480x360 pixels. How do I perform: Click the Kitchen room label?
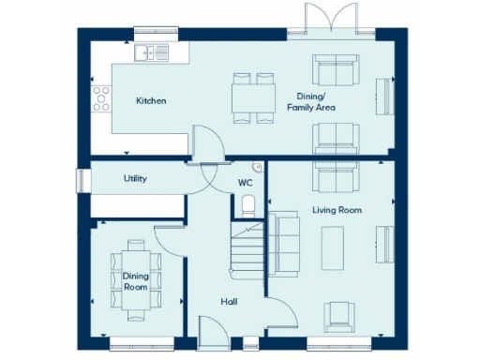[x=151, y=100]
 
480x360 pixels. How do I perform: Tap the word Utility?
[x=136, y=178]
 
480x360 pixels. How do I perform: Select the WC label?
[x=245, y=183]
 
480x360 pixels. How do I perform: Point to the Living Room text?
[x=337, y=210]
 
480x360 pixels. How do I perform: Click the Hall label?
[x=229, y=301]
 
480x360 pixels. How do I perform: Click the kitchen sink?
[x=150, y=52]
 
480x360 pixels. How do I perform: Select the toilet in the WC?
[x=247, y=204]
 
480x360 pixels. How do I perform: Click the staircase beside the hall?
[x=247, y=248]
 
